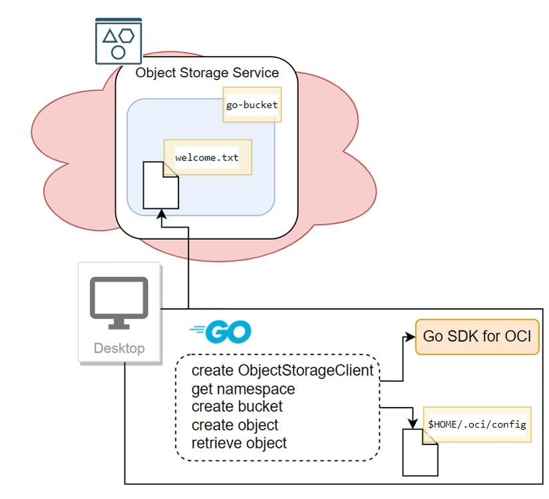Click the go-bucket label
coord(252,105)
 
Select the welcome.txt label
coord(207,158)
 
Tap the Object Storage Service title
coord(207,73)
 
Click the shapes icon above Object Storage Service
coord(118,42)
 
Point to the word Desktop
coord(119,348)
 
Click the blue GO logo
coord(220,331)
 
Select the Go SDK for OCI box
coord(476,336)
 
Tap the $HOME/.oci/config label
coord(476,424)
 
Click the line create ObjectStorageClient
coord(282,370)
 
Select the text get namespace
coord(243,388)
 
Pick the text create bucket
coord(237,406)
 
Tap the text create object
coord(235,424)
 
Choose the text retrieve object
coord(239,442)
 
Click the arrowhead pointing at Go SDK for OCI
coord(410,337)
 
